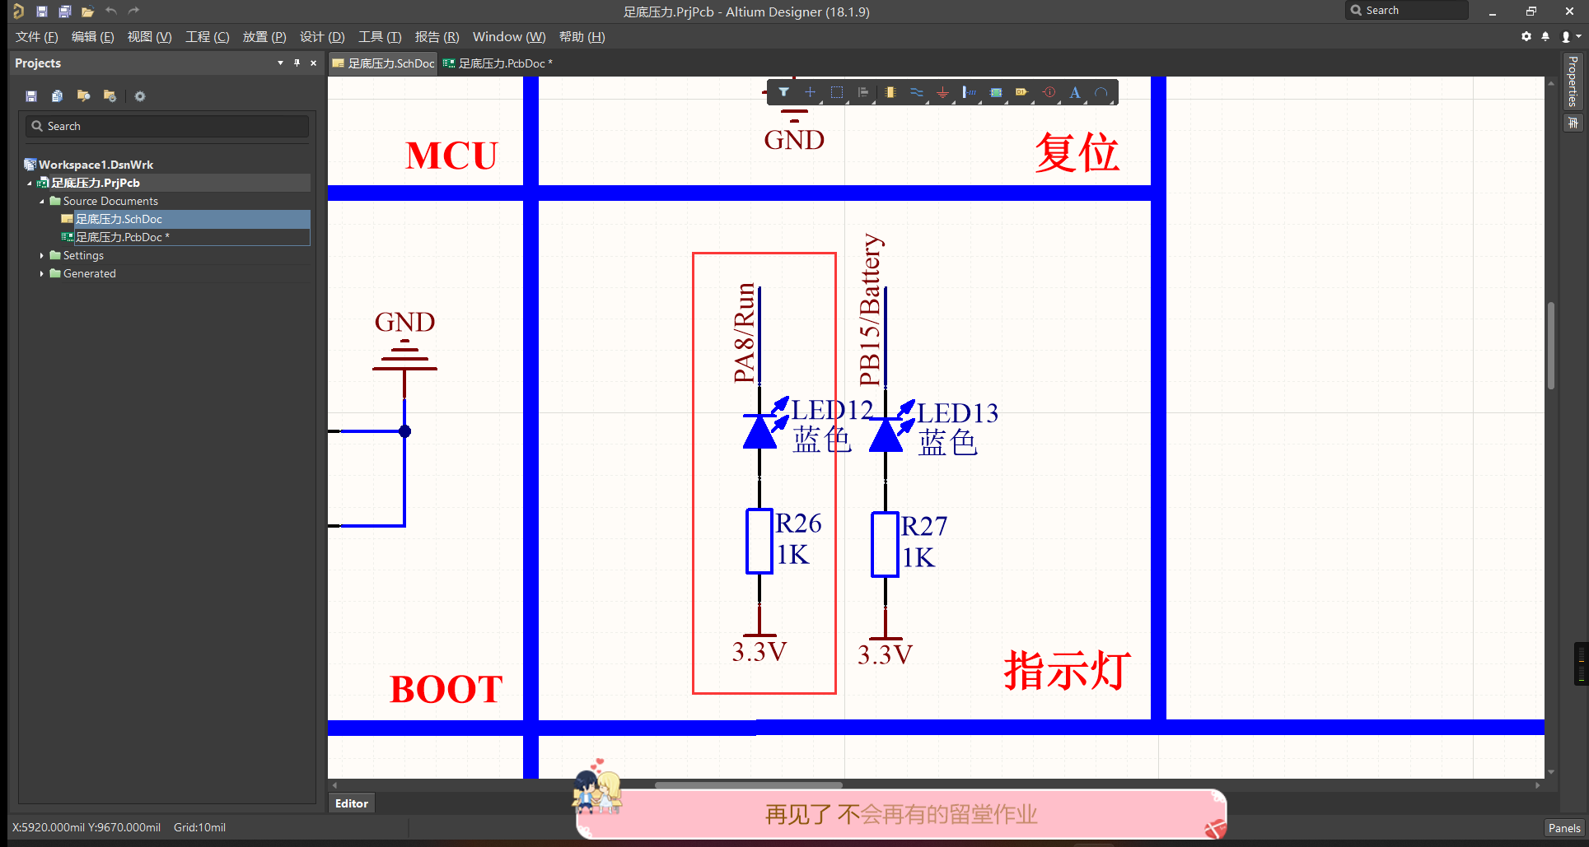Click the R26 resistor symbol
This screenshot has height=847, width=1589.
[759, 541]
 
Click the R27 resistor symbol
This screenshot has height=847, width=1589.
[885, 544]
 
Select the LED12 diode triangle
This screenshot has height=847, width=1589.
[759, 431]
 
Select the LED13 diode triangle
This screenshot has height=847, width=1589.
[886, 435]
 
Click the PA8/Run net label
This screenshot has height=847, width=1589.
[744, 333]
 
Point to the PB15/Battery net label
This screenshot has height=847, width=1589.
[870, 310]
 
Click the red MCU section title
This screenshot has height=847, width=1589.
[451, 156]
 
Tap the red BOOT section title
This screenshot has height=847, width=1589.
[446, 689]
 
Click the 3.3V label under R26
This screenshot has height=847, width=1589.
[759, 652]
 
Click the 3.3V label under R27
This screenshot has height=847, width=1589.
[885, 655]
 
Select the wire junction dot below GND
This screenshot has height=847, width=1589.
[404, 431]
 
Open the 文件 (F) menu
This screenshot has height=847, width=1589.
[36, 37]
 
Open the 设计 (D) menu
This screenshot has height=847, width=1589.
[321, 37]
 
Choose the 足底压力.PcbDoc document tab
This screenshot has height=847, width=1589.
[501, 63]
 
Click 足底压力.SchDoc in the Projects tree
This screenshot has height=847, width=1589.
[119, 219]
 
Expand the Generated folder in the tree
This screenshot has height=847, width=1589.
[42, 273]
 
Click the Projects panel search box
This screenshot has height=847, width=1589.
[168, 126]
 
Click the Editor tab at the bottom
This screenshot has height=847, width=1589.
[351, 803]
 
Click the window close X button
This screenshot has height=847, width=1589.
[1568, 12]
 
